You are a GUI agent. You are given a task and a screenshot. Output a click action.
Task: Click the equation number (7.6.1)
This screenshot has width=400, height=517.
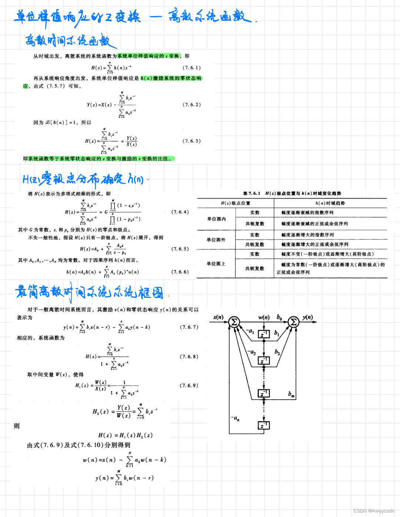[191, 68]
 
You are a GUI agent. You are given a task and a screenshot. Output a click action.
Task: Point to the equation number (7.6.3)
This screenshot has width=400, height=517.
[191, 141]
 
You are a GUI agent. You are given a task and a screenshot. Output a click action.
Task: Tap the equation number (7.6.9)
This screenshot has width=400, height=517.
[189, 386]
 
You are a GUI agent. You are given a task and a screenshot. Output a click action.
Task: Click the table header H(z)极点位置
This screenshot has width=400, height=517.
[236, 203]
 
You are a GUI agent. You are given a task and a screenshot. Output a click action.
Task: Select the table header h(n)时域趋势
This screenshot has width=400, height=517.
[330, 203]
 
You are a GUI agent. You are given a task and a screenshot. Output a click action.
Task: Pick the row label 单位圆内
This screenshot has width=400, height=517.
[216, 219]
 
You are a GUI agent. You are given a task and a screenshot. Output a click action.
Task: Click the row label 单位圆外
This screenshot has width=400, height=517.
[216, 240]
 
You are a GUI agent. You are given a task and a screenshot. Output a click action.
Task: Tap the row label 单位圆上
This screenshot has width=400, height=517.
[216, 264]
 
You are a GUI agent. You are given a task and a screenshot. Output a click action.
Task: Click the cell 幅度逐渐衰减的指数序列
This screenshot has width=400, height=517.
[307, 213]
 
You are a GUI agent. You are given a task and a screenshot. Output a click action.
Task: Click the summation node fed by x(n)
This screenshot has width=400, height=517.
[234, 322]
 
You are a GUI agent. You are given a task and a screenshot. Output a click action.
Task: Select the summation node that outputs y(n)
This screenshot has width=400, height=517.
[293, 322]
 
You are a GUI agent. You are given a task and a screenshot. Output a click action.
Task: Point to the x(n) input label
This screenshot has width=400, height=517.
[218, 317]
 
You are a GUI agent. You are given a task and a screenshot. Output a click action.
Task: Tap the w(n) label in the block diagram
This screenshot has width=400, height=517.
[264, 317]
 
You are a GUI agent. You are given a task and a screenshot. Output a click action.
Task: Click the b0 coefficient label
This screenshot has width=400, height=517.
[279, 317]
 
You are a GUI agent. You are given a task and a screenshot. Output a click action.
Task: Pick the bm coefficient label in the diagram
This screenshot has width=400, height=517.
[291, 394]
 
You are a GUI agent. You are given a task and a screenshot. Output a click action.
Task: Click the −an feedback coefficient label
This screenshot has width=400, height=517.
[235, 418]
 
